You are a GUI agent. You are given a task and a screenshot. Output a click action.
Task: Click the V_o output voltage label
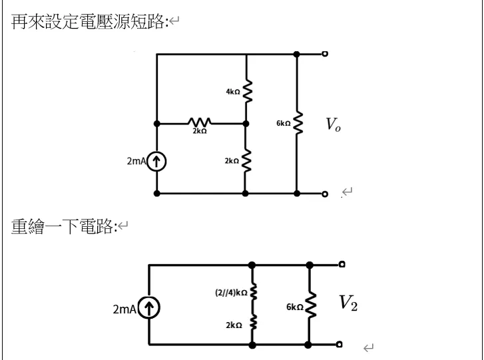coord(333,125)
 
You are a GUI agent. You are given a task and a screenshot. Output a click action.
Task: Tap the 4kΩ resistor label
coord(232,92)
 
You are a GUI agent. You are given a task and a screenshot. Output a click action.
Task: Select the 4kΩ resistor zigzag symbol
coord(246,92)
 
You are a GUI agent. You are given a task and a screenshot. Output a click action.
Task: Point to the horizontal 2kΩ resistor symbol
coord(200,123)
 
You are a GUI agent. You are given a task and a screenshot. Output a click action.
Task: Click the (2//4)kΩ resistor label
coord(232,292)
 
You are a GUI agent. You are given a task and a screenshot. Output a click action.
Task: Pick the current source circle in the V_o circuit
coord(156,161)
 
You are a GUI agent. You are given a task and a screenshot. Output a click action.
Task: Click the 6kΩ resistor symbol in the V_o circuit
coord(298,124)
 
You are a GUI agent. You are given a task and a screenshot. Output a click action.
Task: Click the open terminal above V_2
coord(340,265)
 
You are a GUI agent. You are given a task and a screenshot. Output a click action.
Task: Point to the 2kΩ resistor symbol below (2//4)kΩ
coord(252,325)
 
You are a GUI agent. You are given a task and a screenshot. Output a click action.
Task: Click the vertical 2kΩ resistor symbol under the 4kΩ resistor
coord(246,160)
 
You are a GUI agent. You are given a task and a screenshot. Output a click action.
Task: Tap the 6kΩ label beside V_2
coord(295,307)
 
